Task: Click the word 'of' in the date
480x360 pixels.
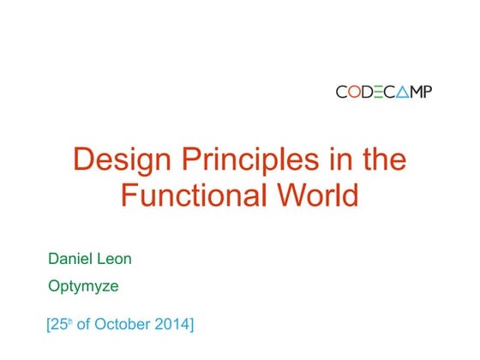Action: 88,325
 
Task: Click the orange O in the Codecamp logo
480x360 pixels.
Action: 359,92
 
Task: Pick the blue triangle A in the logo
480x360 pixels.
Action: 400,92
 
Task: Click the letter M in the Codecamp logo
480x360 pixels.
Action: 414,92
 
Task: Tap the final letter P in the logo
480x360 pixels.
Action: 427,92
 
